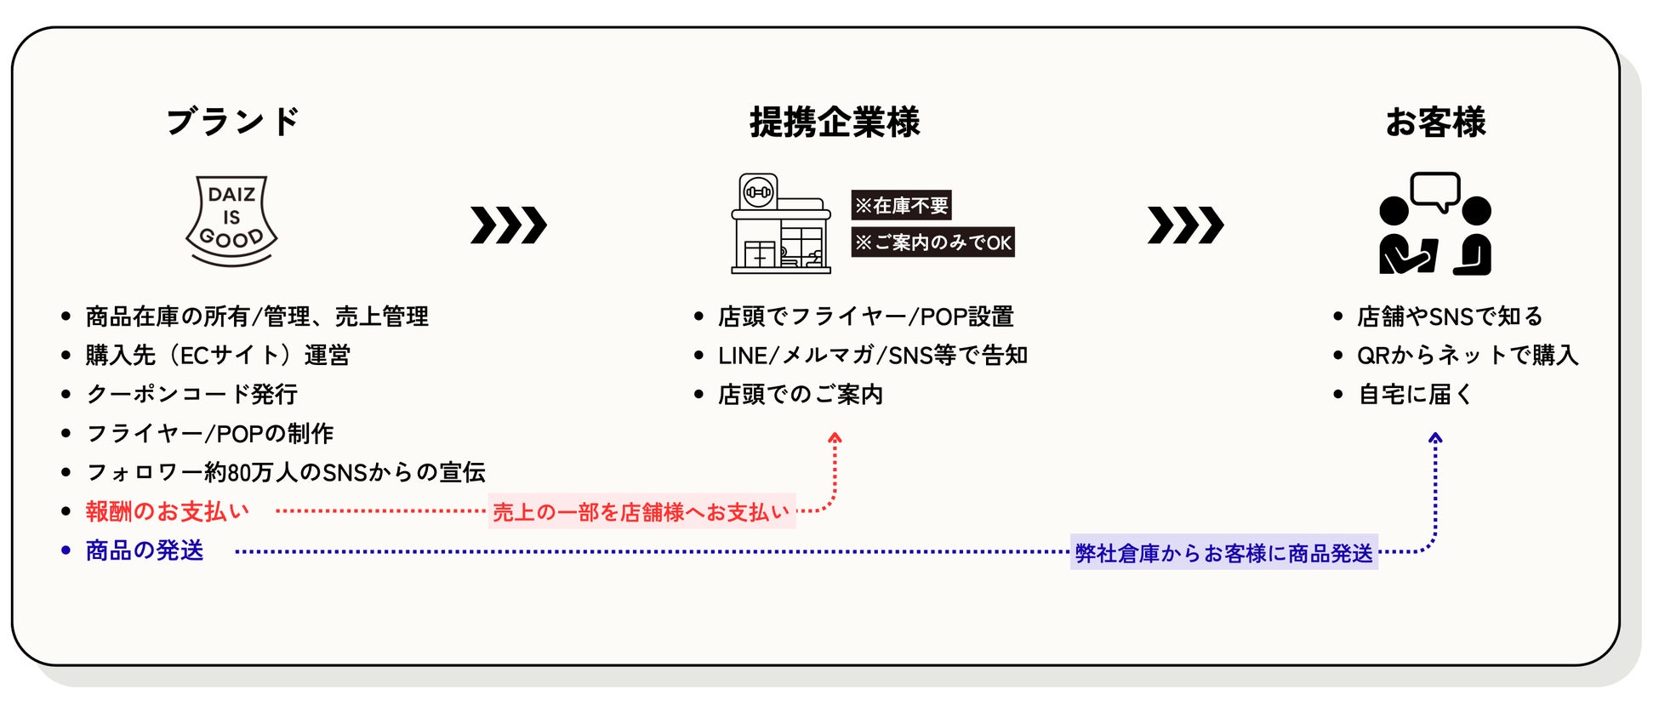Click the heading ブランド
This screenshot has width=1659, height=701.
pos(232,122)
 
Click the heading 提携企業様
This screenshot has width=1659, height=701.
pos(835,123)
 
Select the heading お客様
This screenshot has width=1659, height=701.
pos(1435,123)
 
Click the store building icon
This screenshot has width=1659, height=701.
pos(781,225)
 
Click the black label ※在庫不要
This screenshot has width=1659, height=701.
pos(901,205)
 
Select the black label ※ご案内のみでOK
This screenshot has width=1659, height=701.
pos(932,242)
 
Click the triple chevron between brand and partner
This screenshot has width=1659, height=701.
pos(508,225)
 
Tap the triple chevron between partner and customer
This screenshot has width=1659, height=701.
pos(1185,225)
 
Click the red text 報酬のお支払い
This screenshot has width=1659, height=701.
pos(168,511)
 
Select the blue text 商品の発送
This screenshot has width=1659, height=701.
pos(145,550)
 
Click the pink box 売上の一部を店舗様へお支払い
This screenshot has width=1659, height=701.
pos(641,511)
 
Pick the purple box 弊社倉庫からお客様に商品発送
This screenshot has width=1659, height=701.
pos(1223,553)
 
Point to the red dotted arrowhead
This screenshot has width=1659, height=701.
pos(835,438)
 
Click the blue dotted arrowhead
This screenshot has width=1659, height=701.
pos(1435,438)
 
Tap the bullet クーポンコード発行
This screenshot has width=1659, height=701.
pos(192,394)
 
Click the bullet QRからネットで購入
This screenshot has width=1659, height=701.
pos(1468,355)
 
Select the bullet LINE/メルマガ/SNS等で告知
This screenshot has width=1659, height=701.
pos(873,355)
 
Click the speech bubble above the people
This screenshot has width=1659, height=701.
pos(1434,191)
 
